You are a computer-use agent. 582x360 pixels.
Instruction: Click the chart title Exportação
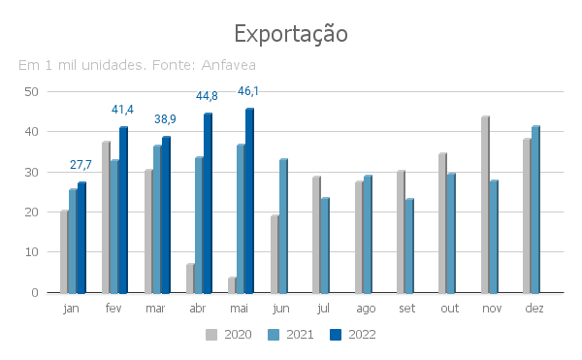click(x=291, y=34)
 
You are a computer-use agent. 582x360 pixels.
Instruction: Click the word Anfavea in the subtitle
click(x=229, y=65)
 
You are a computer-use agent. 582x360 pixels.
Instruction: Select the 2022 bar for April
click(x=208, y=204)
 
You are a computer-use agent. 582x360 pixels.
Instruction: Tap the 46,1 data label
click(x=248, y=91)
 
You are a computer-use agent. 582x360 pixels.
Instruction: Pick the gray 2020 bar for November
click(x=485, y=205)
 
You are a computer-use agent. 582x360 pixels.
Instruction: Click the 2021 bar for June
click(x=283, y=226)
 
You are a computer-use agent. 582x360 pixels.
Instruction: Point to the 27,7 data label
click(x=81, y=165)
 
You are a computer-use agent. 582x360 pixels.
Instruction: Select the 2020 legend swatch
click(x=211, y=335)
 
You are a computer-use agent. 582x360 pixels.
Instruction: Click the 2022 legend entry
click(x=353, y=335)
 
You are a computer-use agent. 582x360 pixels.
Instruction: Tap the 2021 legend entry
click(x=291, y=335)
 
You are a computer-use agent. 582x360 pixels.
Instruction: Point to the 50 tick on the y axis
click(x=32, y=92)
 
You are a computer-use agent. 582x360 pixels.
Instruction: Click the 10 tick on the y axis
click(x=32, y=252)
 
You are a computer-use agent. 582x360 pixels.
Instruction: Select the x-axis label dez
click(x=534, y=308)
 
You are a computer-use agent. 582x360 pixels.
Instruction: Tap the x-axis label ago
click(x=366, y=309)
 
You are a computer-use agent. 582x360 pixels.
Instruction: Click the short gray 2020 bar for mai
click(x=232, y=285)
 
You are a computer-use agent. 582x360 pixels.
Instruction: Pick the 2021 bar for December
click(x=535, y=210)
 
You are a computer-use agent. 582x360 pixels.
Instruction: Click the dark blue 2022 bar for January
click(x=81, y=238)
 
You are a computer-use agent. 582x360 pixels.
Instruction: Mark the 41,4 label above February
click(x=122, y=110)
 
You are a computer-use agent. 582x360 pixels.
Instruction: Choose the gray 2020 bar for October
click(x=442, y=223)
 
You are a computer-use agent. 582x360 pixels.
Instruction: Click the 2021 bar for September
click(x=409, y=246)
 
